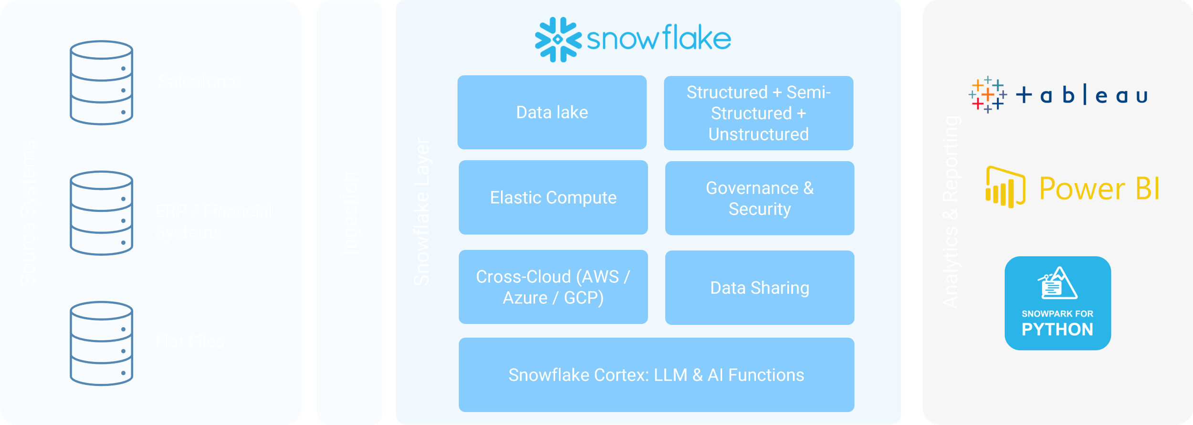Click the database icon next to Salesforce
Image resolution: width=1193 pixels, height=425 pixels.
pyautogui.click(x=101, y=83)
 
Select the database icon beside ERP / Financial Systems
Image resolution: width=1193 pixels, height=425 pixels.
pyautogui.click(x=101, y=213)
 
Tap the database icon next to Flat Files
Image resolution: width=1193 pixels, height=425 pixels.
pyautogui.click(x=101, y=343)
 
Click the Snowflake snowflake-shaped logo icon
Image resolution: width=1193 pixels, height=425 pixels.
pyautogui.click(x=558, y=40)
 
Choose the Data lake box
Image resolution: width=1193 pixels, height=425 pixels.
pyautogui.click(x=552, y=113)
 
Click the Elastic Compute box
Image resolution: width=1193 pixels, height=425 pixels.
pyautogui.click(x=553, y=197)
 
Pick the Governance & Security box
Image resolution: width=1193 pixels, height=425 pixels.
pyautogui.click(x=760, y=198)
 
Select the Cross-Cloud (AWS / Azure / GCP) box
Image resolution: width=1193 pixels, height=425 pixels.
pyautogui.click(x=553, y=287)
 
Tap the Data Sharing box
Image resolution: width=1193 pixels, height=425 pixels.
pyautogui.click(x=760, y=288)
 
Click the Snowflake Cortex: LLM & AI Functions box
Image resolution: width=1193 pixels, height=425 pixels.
pyautogui.click(x=656, y=375)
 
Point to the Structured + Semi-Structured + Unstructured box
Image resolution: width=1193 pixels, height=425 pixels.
pyautogui.click(x=758, y=113)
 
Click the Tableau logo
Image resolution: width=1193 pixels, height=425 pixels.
pyautogui.click(x=1057, y=95)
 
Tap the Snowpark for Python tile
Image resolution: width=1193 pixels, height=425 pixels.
pyautogui.click(x=1057, y=303)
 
